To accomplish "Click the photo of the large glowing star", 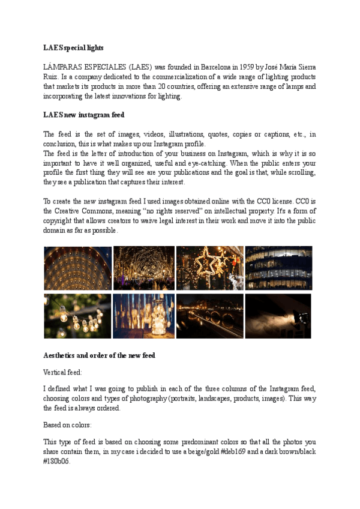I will coord(210,268).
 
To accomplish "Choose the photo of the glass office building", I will coord(278,268).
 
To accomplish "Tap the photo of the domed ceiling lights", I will coord(77,268).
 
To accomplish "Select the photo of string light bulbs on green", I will coord(77,316).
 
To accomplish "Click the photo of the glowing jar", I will coord(143,316).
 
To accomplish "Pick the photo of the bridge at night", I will coord(210,316).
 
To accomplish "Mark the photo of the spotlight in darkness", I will coord(278,316).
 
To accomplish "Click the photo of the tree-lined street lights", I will coord(143,268).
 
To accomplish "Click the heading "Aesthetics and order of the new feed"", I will coord(99,355).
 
